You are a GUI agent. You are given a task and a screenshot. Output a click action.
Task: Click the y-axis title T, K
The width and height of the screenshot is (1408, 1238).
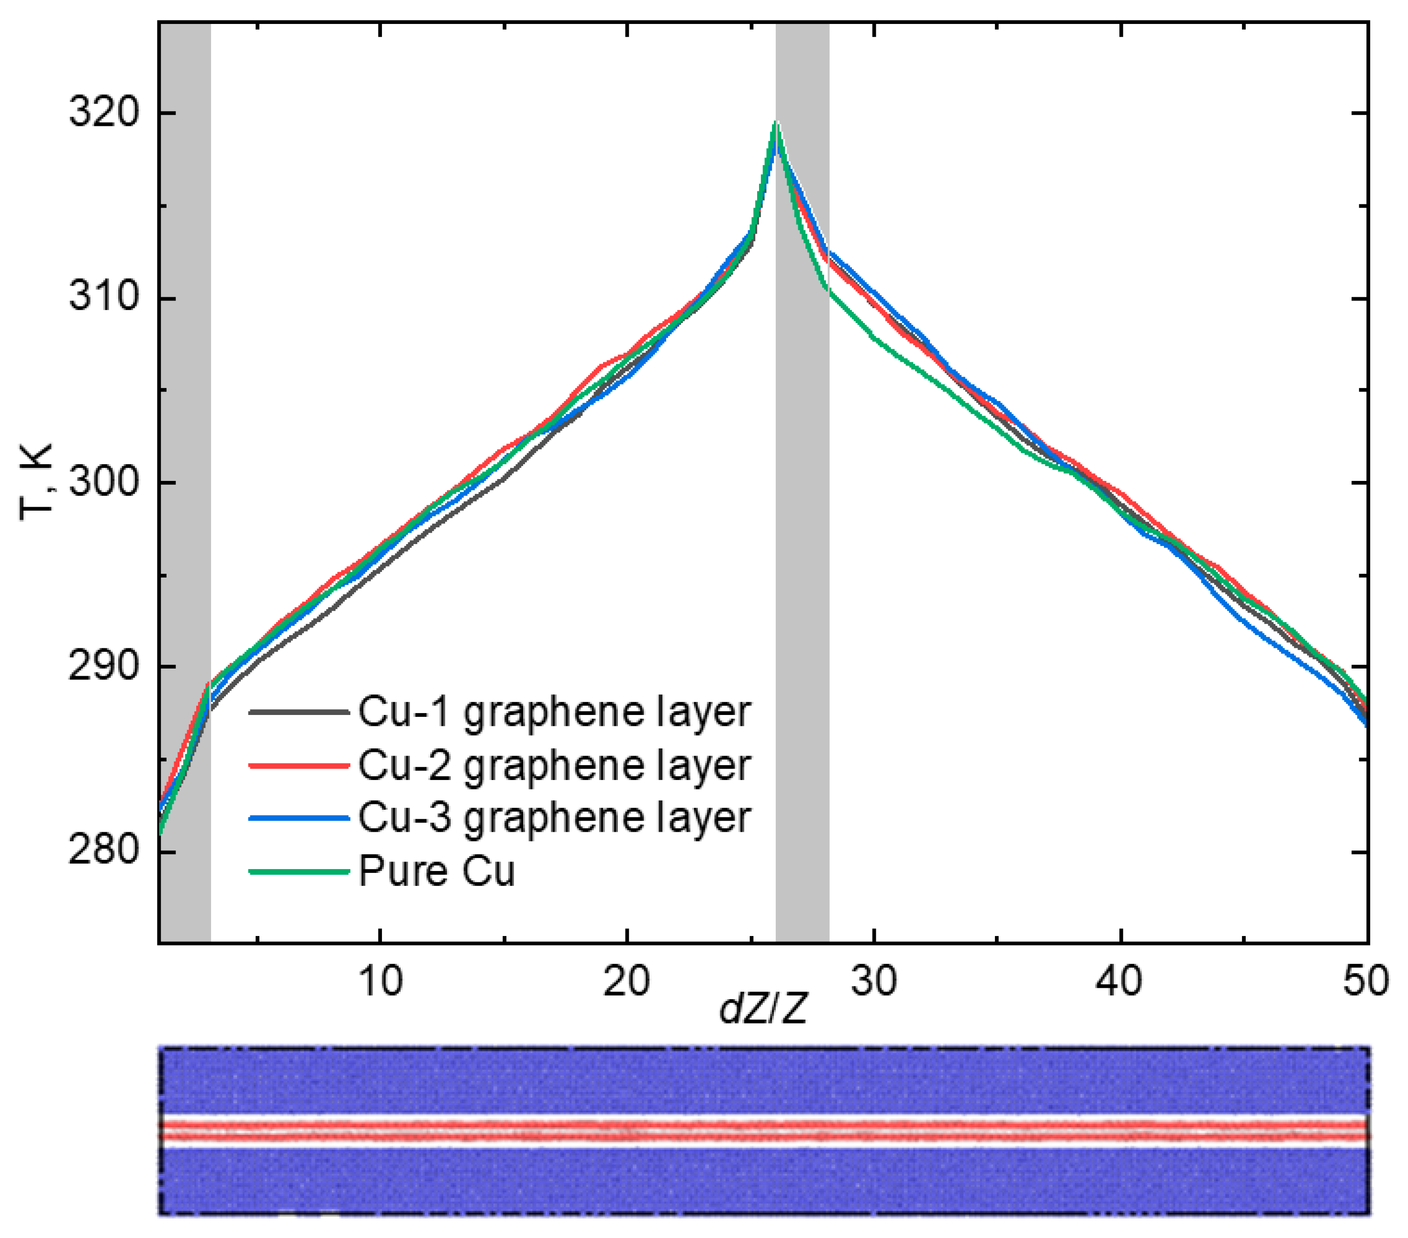[36, 482]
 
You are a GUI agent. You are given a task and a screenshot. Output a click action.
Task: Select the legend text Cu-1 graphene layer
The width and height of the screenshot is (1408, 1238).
[554, 713]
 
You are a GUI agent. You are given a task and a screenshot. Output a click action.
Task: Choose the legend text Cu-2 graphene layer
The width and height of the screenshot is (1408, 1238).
[554, 765]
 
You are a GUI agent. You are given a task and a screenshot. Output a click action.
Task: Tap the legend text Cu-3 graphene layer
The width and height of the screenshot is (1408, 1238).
[554, 818]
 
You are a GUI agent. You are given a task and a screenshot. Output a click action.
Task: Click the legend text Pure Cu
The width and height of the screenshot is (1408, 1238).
[437, 871]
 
